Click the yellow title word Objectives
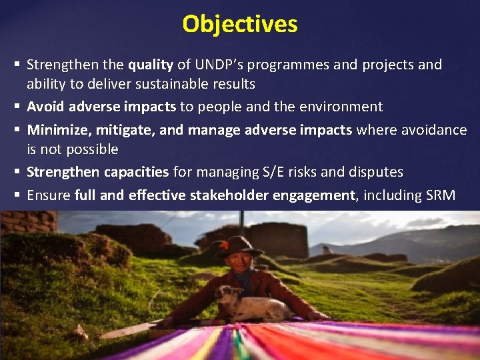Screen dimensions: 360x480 (x=240, y=24)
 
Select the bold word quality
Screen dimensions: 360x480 (x=151, y=65)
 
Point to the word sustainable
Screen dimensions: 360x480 (x=167, y=84)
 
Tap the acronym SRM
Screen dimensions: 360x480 (x=439, y=195)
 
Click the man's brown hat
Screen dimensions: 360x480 (x=239, y=245)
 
